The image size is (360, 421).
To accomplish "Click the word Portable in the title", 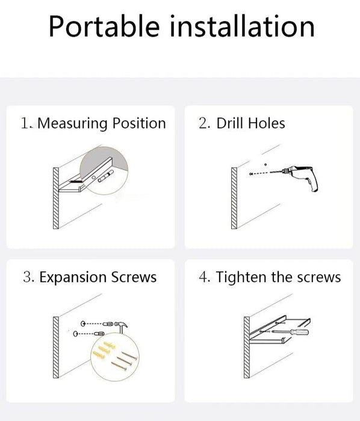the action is point(104,26).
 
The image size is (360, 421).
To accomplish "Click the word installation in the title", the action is point(243,26).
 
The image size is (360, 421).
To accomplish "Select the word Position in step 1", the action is point(139,123).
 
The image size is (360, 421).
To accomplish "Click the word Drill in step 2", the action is point(230,123).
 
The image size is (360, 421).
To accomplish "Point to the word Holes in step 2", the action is point(266,123).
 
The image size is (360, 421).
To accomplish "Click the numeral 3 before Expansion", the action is point(27,277).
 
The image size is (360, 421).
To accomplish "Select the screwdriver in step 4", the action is point(291,332).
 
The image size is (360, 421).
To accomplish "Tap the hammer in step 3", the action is point(122,327).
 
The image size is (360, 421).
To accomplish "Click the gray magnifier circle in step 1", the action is point(104,170).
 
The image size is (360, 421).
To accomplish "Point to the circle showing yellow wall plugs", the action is point(115,357).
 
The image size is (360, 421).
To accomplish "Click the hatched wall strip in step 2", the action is point(234,198).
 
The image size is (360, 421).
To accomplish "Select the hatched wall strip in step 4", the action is point(247,348).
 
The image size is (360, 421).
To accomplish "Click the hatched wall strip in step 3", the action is point(56,348).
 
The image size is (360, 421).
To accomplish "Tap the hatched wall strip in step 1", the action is point(56,198).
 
